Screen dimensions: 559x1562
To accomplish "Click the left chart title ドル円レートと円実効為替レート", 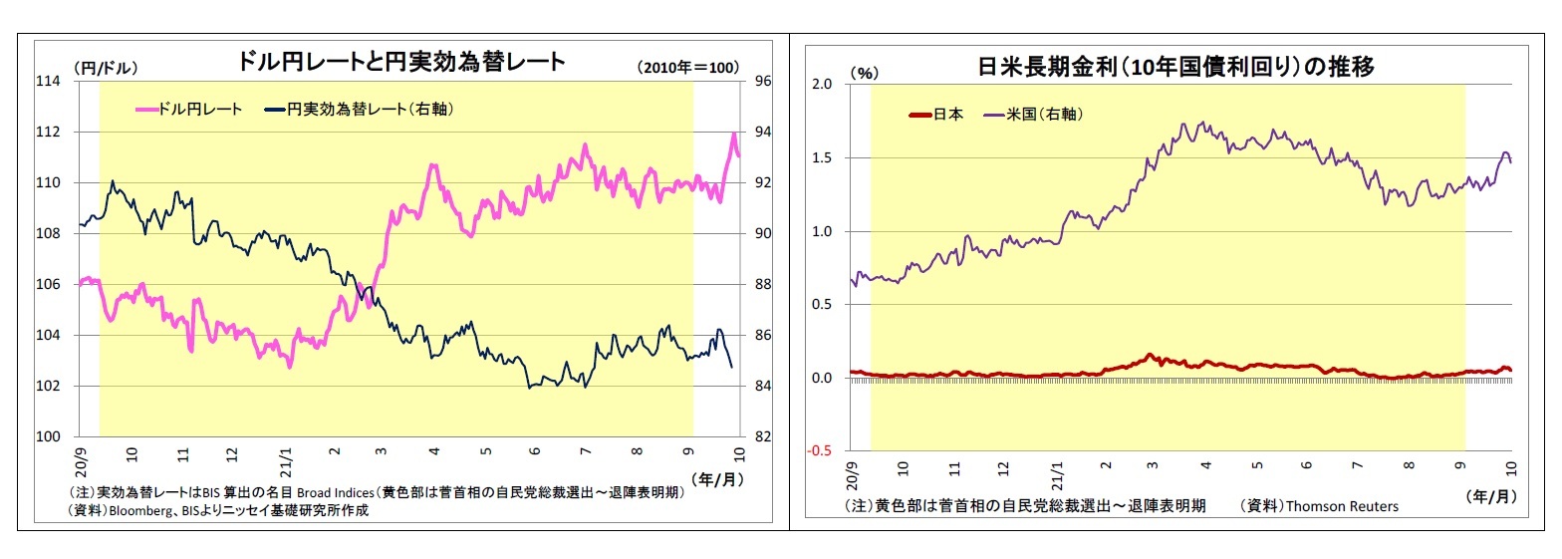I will coord(400,61).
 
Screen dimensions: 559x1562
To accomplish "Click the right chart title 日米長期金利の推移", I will coord(1175,67).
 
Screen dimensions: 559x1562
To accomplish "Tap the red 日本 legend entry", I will coord(936,114).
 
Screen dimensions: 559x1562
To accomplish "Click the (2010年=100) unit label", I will coord(687,68).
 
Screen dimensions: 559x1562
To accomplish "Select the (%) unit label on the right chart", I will coord(864,73).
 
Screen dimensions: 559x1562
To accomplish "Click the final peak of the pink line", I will coord(733,134).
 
